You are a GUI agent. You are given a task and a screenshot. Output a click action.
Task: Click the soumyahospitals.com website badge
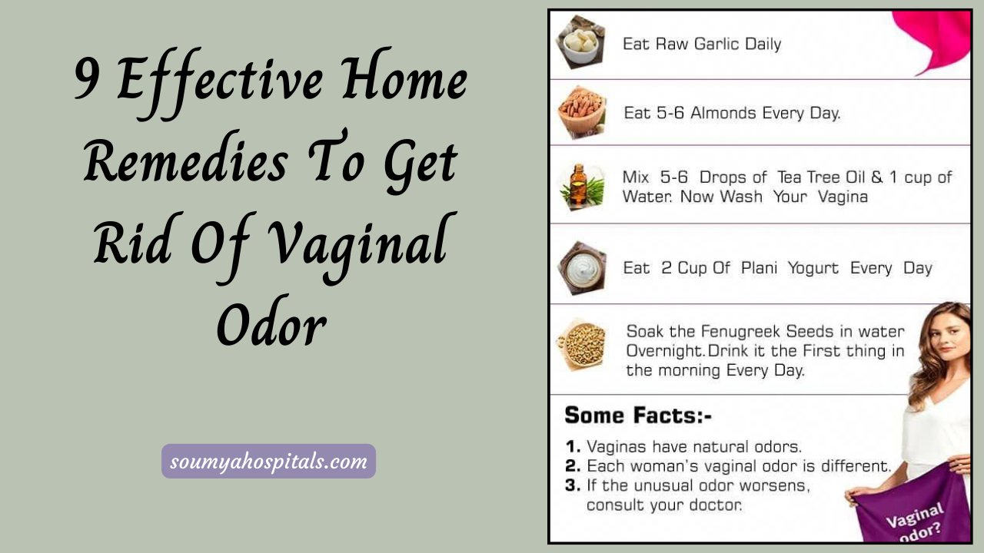click(x=268, y=462)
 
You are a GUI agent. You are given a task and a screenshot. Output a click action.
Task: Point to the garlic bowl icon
click(x=581, y=45)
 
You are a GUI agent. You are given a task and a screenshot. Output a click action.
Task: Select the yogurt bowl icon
click(x=582, y=267)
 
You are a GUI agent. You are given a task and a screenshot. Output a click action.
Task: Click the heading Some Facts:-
click(x=638, y=416)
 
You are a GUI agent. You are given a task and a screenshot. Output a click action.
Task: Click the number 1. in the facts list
click(x=573, y=446)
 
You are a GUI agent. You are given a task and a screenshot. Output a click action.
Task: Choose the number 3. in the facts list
click(x=573, y=485)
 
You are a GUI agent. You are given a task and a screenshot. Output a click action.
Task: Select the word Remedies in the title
click(x=185, y=164)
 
